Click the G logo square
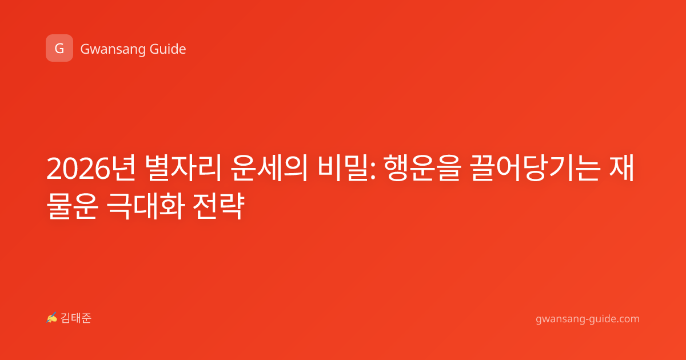[x=59, y=48]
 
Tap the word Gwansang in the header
[x=113, y=50]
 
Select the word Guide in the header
[x=168, y=49]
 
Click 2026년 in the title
[x=91, y=168]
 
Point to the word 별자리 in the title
[x=183, y=168]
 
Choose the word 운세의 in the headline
[x=269, y=168]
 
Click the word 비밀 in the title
[x=342, y=168]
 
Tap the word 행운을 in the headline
[x=422, y=168]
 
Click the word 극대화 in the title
[x=146, y=206]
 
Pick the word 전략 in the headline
[x=218, y=206]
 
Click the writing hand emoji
[x=52, y=318]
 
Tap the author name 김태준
[x=76, y=318]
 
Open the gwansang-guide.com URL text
[x=588, y=319]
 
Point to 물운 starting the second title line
[x=72, y=206]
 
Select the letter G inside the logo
[x=59, y=49]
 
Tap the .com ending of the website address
[x=627, y=319]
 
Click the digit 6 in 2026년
[x=102, y=168]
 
